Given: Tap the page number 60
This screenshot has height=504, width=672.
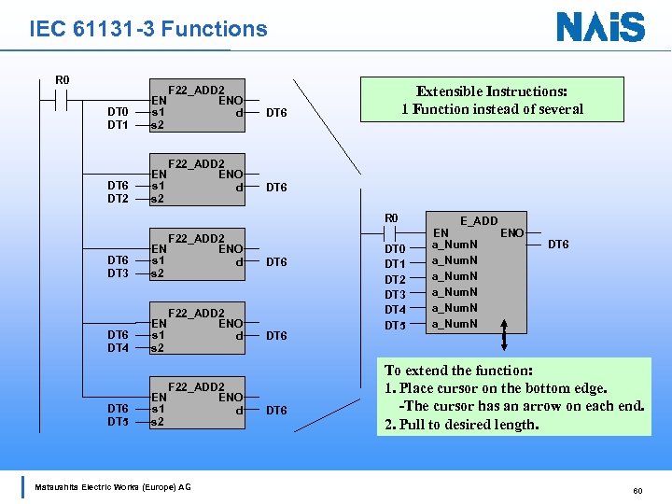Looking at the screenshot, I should (x=637, y=489).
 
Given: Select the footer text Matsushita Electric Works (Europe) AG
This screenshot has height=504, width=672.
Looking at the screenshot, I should (x=112, y=486).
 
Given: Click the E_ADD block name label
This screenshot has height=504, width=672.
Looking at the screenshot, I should (x=479, y=220).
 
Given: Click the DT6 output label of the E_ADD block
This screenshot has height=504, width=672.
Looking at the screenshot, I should (x=558, y=245).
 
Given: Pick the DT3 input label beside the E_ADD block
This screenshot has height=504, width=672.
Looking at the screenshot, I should (x=395, y=294).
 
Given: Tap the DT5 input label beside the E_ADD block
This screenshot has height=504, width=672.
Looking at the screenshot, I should (x=395, y=325).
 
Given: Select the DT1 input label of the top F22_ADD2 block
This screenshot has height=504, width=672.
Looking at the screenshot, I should (x=118, y=124).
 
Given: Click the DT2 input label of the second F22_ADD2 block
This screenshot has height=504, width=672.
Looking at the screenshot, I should (x=118, y=199).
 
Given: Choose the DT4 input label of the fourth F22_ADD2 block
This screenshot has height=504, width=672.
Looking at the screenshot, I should (x=118, y=348).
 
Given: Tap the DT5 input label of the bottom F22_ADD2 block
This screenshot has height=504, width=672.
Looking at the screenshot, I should (x=118, y=422).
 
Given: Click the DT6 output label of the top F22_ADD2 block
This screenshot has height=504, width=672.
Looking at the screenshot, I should (x=276, y=113).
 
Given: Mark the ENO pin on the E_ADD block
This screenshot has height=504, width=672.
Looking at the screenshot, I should (x=512, y=231).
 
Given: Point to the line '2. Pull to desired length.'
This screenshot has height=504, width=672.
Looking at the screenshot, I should (x=462, y=425).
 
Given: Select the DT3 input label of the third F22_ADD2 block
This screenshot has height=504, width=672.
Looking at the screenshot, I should (x=118, y=273).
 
